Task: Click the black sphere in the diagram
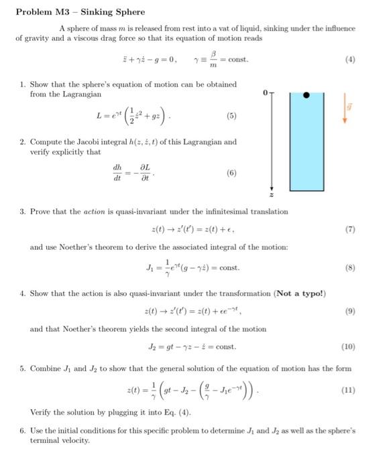point(307,95)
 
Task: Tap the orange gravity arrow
point(347,111)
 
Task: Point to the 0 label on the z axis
point(266,92)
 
